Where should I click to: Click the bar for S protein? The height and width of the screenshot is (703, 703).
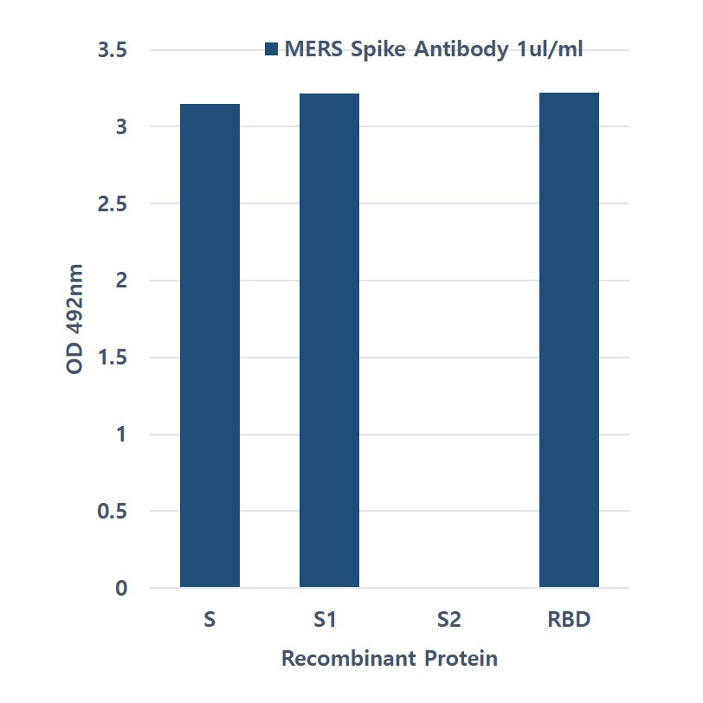[210, 346]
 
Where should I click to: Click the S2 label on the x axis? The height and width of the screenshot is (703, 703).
[449, 620]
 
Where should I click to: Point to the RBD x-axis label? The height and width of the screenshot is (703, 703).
[569, 620]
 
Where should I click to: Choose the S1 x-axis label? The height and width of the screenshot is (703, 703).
[330, 620]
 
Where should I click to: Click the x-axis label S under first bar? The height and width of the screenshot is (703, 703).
[210, 620]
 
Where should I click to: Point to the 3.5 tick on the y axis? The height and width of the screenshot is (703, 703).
[113, 51]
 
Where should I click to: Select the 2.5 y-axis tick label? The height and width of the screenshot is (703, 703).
[113, 204]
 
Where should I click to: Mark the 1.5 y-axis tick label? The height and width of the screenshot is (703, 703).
[113, 358]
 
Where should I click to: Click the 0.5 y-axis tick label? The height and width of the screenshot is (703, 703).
[113, 512]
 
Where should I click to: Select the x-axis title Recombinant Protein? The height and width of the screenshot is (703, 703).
[390, 659]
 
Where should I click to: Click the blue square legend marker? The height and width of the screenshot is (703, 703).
[271, 49]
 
